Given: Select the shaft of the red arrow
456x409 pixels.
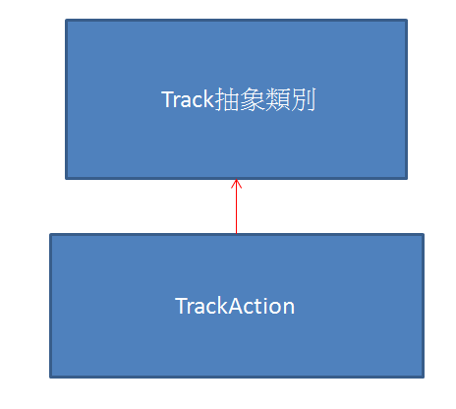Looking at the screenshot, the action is pos(236,206).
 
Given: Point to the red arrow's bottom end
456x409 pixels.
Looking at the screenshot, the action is pos(236,233).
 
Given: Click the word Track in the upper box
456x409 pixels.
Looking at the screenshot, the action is pos(188,99).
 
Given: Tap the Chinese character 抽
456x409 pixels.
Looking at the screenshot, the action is pos(226,99).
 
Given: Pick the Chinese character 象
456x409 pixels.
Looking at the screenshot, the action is pos(252,99).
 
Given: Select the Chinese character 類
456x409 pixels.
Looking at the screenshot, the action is pos(277,99).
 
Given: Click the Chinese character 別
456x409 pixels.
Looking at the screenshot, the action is pos(303,99).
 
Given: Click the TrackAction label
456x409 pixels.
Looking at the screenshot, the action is pos(235,306).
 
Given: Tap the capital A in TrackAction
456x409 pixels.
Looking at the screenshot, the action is pos(237,306).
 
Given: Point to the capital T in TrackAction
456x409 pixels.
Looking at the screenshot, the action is pos(181,306).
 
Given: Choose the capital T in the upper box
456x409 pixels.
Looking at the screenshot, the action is pos(167,99).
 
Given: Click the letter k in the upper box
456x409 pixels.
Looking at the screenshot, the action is pos(208,99).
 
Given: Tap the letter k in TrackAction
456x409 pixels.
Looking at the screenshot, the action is pos(222,306).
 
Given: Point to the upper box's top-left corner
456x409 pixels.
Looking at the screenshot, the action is pos(66,20).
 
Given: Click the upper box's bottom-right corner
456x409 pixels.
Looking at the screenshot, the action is pos(407,179).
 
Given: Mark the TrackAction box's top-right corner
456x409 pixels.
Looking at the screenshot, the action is pos(424,234).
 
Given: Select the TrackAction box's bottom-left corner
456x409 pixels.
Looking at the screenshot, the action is pos(50,378).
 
